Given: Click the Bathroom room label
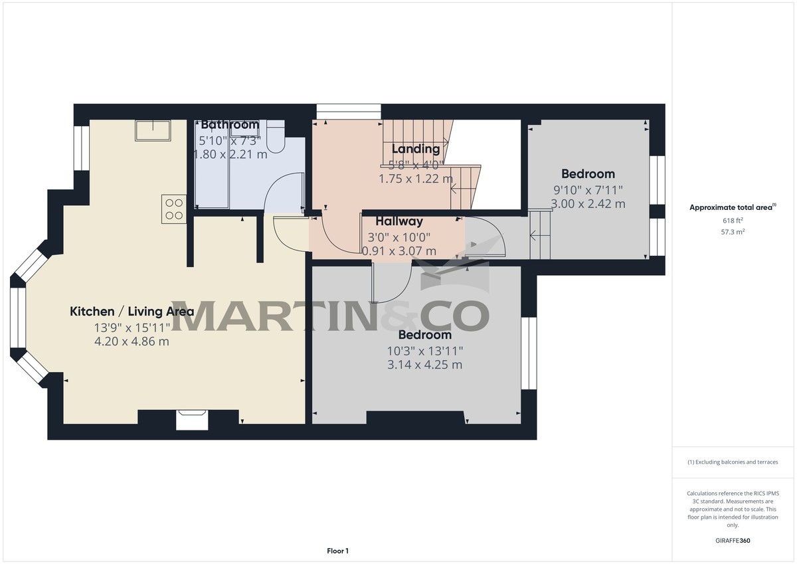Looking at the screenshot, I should (230, 124).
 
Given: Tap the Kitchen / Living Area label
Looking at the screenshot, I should (132, 311).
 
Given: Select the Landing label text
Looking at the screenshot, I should (416, 149).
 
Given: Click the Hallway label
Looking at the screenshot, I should (399, 221).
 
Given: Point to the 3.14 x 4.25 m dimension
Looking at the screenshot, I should (425, 365).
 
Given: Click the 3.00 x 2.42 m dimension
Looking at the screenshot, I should (588, 204).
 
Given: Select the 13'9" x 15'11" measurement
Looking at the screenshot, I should (132, 327).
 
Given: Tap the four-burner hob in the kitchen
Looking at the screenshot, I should (174, 209).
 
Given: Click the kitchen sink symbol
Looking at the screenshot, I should (153, 131).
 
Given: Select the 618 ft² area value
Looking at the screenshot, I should (733, 220).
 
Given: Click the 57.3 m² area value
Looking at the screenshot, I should (733, 233).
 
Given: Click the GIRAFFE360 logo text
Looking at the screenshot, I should (733, 541).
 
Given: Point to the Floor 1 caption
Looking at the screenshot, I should (337, 551).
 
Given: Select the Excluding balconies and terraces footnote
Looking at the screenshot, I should (733, 462).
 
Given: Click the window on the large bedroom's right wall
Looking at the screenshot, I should (529, 353).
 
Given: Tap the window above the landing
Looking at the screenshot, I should (348, 112).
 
